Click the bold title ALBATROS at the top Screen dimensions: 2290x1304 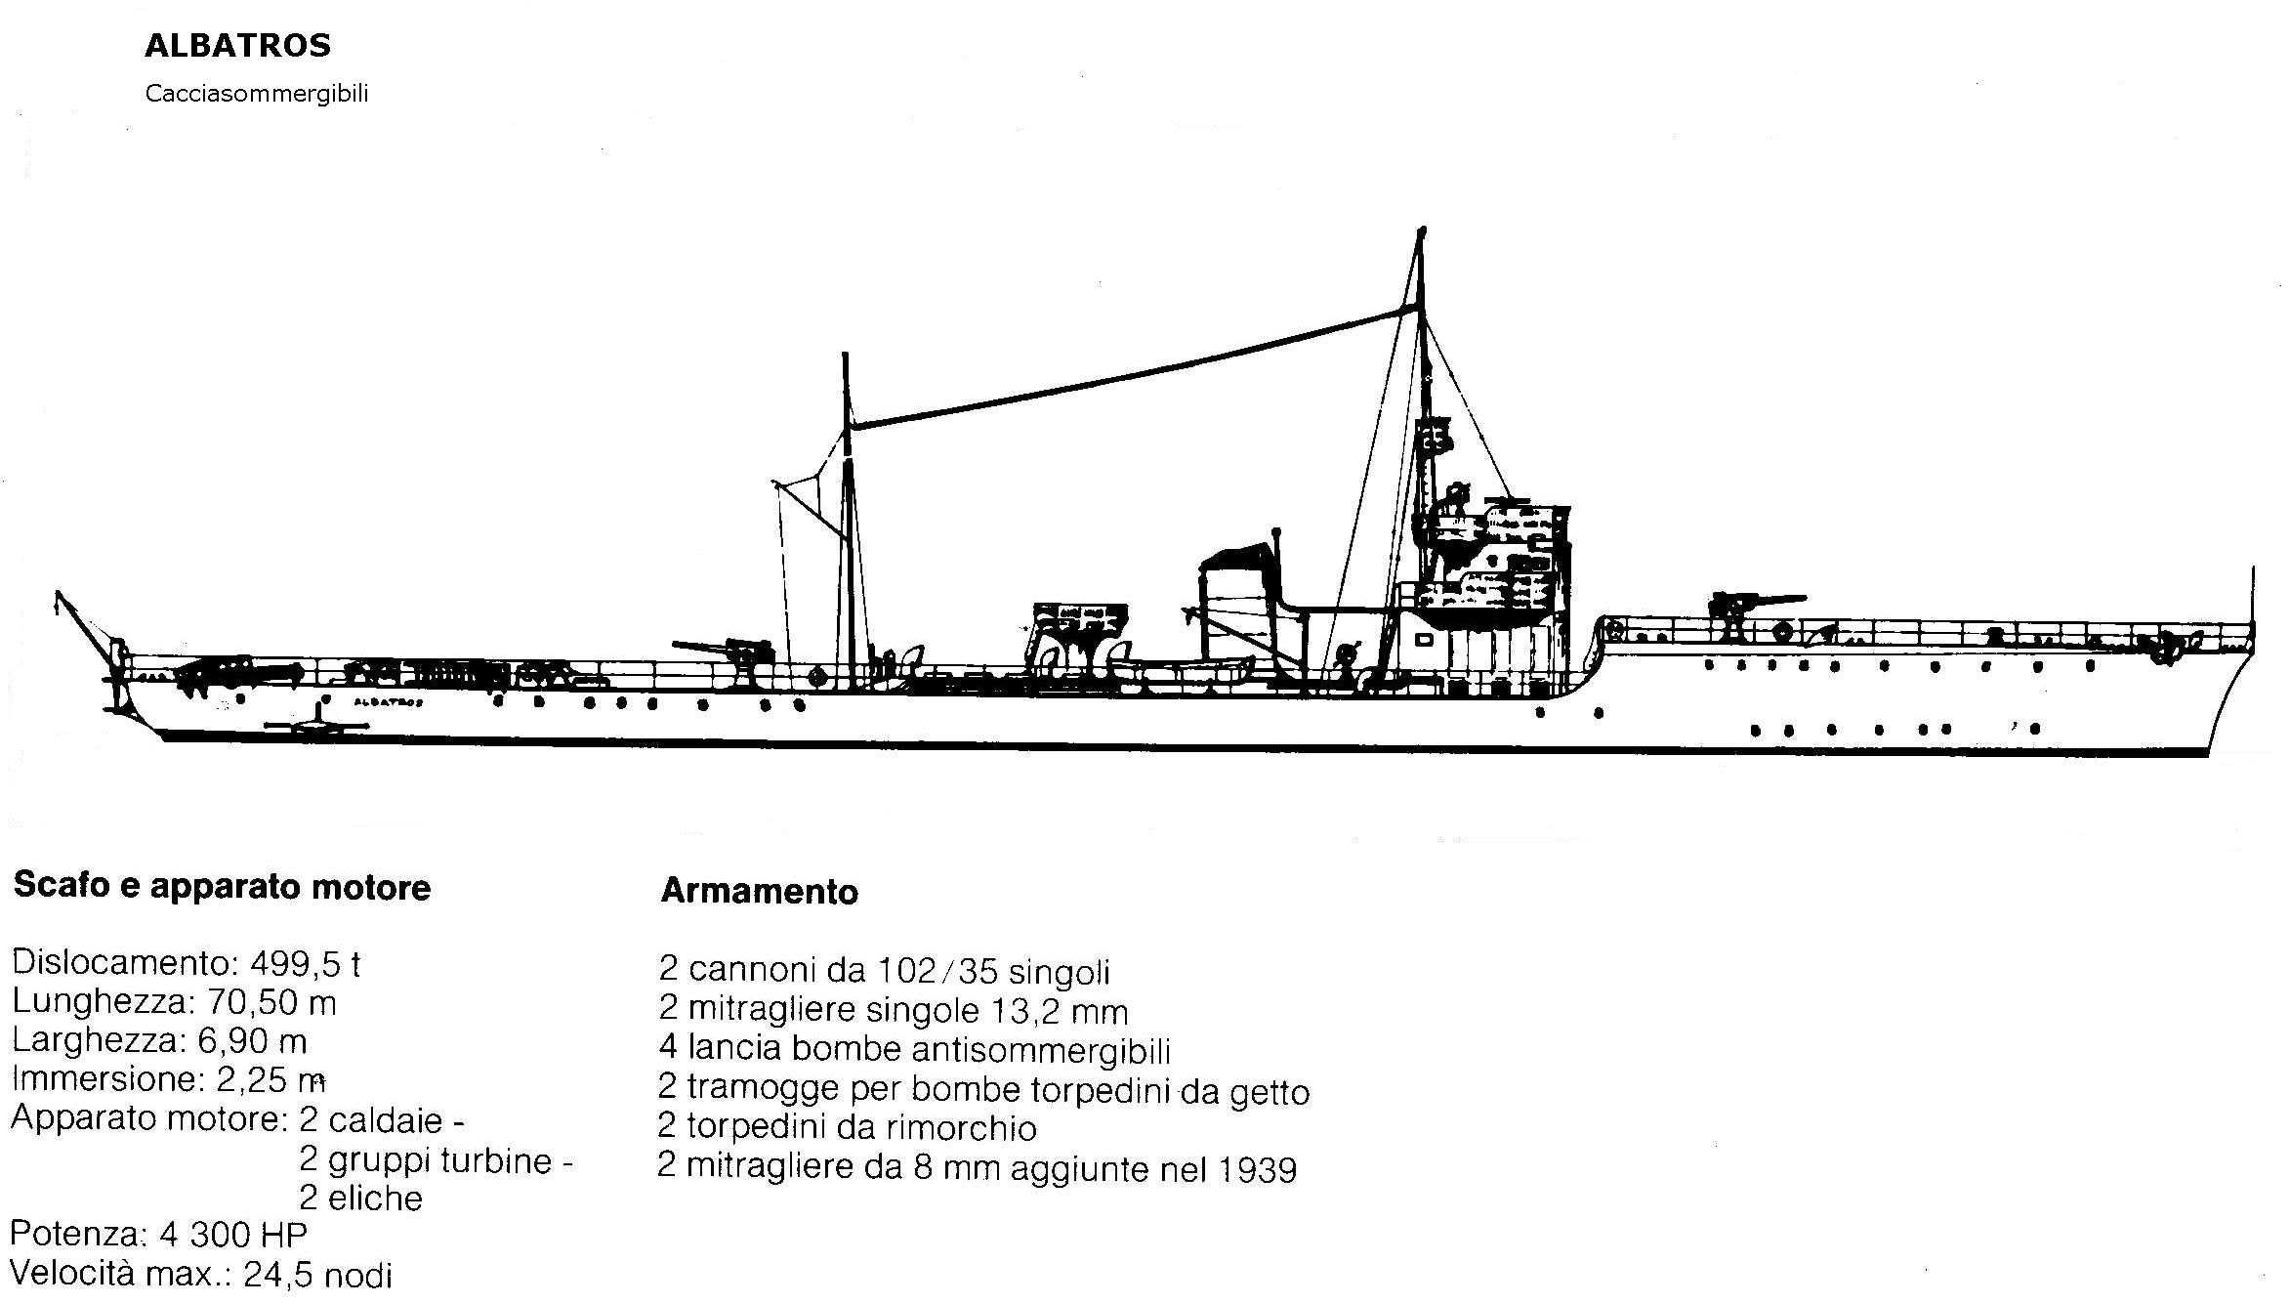pos(238,45)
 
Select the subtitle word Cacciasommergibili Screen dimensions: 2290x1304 pos(257,94)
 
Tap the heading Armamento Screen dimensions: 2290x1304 pos(760,891)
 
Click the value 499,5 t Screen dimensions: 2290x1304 pos(306,964)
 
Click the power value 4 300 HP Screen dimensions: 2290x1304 pos(233,1235)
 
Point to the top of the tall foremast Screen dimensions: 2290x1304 pos(1422,231)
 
